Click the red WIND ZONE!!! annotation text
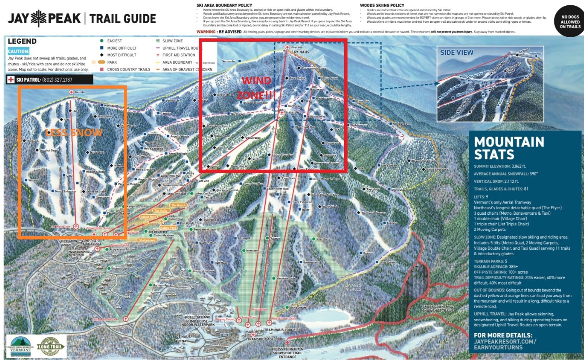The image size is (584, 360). (x=256, y=88)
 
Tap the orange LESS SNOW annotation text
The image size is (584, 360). (x=74, y=133)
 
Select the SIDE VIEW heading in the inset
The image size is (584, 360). (x=456, y=52)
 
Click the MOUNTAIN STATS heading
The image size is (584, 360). (x=509, y=148)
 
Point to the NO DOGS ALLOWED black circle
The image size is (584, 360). (x=570, y=21)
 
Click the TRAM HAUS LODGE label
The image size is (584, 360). (x=280, y=330)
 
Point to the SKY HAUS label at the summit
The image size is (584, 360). (x=300, y=52)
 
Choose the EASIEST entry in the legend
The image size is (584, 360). (x=114, y=41)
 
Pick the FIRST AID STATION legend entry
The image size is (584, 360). (x=179, y=55)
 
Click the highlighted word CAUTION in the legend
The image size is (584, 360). (x=19, y=51)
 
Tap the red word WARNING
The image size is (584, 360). (x=206, y=32)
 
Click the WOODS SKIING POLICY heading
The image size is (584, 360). (x=382, y=5)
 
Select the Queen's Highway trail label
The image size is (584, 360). (x=203, y=271)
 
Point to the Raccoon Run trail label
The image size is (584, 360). (x=161, y=285)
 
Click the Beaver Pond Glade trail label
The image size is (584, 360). (x=424, y=161)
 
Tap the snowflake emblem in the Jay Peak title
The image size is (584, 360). (x=39, y=19)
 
